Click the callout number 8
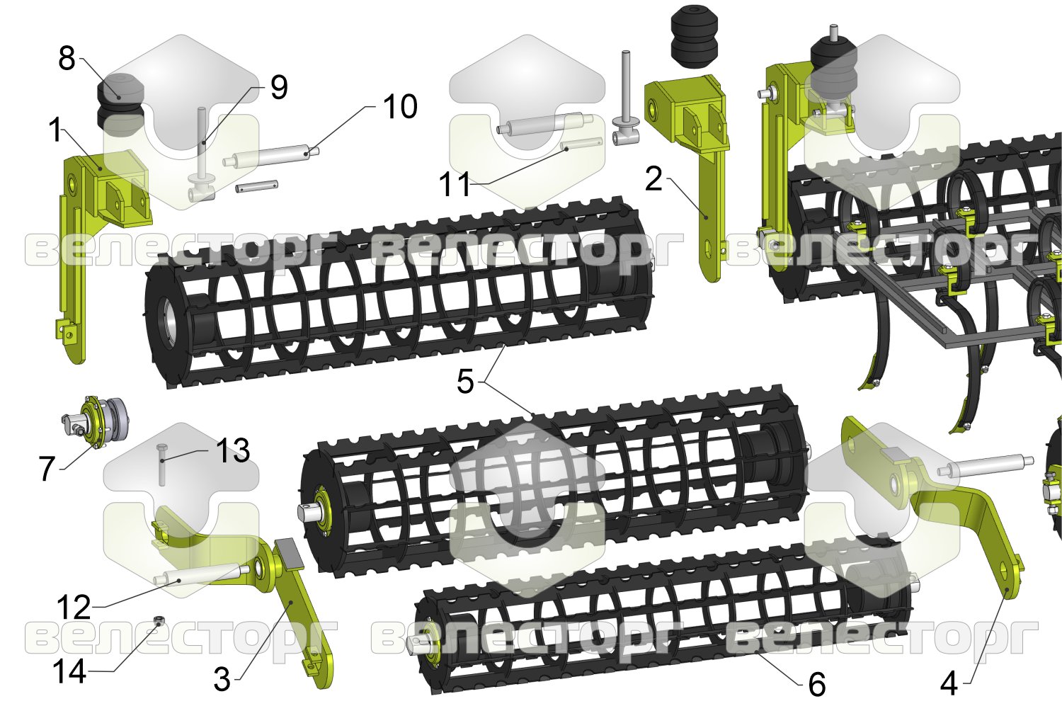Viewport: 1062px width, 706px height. coord(67,59)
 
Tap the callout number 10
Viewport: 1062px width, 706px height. coord(401,106)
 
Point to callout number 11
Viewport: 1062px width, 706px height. coord(455,184)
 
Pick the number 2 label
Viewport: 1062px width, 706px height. coord(653,180)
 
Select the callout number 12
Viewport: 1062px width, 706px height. coord(74,608)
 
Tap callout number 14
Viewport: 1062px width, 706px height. coord(69,671)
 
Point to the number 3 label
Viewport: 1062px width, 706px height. coord(222,680)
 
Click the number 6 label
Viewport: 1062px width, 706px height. coord(816,684)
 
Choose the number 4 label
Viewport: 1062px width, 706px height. coord(948,684)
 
